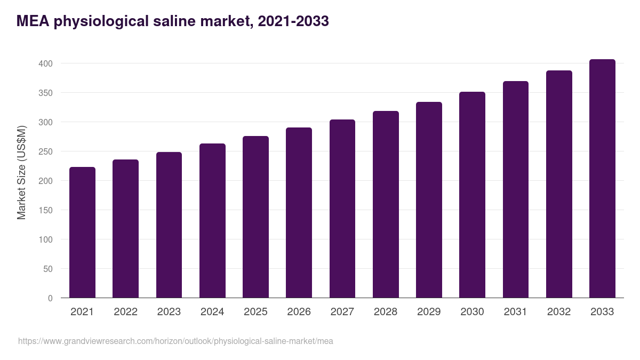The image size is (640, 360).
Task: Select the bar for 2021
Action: [x=82, y=233]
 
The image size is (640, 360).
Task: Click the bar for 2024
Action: [x=212, y=221]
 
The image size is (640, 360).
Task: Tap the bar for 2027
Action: [x=342, y=209]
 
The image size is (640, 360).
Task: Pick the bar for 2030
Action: [x=472, y=195]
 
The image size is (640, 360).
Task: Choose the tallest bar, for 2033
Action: [x=602, y=179]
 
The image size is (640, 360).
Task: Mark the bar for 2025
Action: [x=255, y=217]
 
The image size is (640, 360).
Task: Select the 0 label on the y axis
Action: [x=50, y=298]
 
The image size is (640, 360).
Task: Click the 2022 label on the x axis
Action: [x=125, y=312]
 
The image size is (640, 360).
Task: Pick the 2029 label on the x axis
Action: [x=429, y=312]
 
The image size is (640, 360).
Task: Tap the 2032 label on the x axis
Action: [x=559, y=312]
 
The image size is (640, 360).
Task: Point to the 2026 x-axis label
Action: [x=299, y=312]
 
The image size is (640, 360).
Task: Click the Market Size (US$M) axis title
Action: [x=21, y=172]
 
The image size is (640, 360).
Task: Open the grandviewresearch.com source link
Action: [x=175, y=341]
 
